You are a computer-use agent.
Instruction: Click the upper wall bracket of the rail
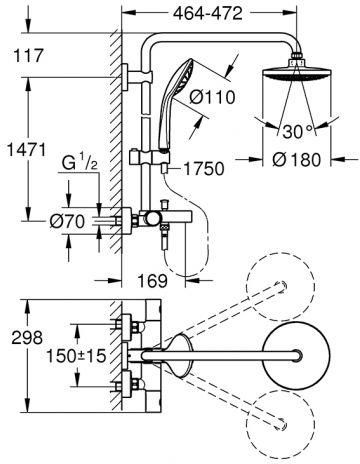tap(133, 76)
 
